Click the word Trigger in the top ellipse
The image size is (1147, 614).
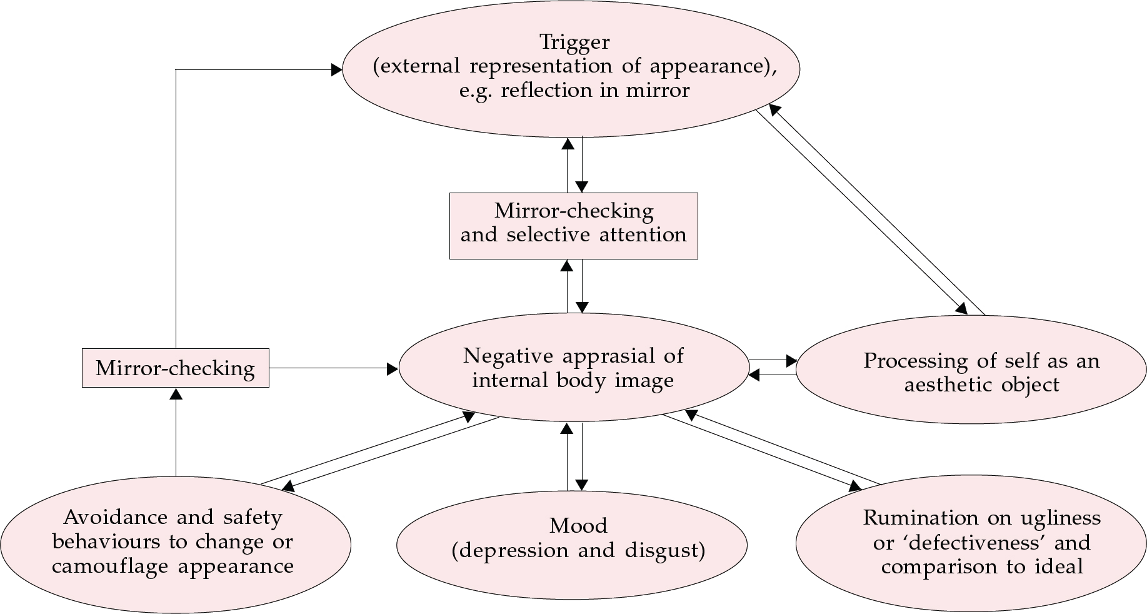574,43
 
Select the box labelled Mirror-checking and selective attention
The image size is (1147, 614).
573,226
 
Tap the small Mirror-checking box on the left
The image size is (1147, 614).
176,368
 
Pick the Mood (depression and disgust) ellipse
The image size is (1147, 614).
572,544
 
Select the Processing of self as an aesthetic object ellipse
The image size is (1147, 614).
971,370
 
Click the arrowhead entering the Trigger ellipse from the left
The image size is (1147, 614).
336,69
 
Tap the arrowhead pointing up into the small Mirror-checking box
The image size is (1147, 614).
176,394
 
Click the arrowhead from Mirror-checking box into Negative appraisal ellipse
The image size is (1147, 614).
393,369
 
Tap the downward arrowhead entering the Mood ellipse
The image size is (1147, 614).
582,485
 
